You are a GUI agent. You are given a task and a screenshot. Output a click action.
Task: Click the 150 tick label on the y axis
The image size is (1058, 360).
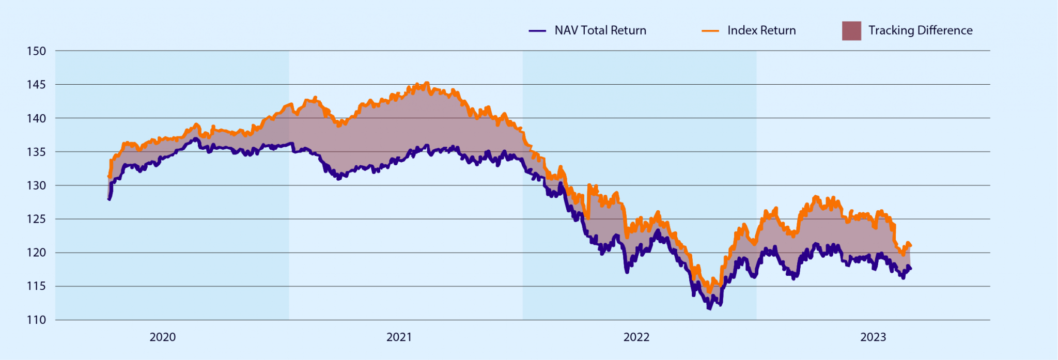pyautogui.click(x=36, y=51)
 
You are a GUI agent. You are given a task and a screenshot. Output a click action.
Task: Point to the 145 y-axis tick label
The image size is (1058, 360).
pyautogui.click(x=36, y=85)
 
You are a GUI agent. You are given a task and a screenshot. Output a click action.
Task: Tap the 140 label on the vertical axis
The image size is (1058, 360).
pyautogui.click(x=36, y=118)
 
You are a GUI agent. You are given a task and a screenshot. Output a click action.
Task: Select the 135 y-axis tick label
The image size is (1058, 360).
pyautogui.click(x=36, y=152)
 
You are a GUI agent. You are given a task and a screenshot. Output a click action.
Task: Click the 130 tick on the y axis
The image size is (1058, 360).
pyautogui.click(x=36, y=185)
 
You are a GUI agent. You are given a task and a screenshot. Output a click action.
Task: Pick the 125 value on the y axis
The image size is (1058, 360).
pyautogui.click(x=36, y=219)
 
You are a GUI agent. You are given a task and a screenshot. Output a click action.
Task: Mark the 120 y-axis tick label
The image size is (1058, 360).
pyautogui.click(x=36, y=253)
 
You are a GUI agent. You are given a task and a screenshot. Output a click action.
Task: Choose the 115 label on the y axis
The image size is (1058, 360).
pyautogui.click(x=36, y=286)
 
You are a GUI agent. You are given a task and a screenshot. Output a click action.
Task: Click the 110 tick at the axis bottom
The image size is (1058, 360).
pyautogui.click(x=36, y=320)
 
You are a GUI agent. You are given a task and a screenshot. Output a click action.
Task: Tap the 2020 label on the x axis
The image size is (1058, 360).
pyautogui.click(x=163, y=337)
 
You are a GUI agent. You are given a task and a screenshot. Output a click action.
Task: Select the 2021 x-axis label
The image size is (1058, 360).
pyautogui.click(x=399, y=337)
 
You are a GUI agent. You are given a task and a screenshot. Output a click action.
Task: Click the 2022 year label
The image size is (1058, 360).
pyautogui.click(x=636, y=337)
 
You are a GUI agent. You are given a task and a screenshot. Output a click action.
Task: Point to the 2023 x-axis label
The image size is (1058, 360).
pyautogui.click(x=873, y=337)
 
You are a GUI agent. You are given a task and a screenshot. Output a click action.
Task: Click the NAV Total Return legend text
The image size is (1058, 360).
pyautogui.click(x=600, y=30)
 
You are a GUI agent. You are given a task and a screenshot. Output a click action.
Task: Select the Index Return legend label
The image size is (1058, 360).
pyautogui.click(x=761, y=30)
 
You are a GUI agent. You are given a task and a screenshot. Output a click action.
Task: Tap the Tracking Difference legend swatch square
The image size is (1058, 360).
pyautogui.click(x=851, y=31)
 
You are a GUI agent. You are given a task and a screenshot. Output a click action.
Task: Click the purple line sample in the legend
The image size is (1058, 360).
pyautogui.click(x=537, y=31)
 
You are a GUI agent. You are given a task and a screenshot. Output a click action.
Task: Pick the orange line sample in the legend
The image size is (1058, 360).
pyautogui.click(x=710, y=31)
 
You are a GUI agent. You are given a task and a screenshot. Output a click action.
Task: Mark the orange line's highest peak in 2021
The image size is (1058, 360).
pyautogui.click(x=426, y=83)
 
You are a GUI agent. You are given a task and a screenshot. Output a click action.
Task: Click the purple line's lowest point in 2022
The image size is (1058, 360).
pyautogui.click(x=709, y=308)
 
